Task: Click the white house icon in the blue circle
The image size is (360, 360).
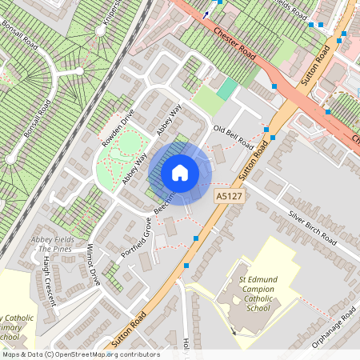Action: pos(180,172)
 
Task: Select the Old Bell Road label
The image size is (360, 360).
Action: pos(233,137)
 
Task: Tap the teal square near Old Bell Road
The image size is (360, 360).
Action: pos(228,88)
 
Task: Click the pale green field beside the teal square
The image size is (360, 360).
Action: pos(207,100)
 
